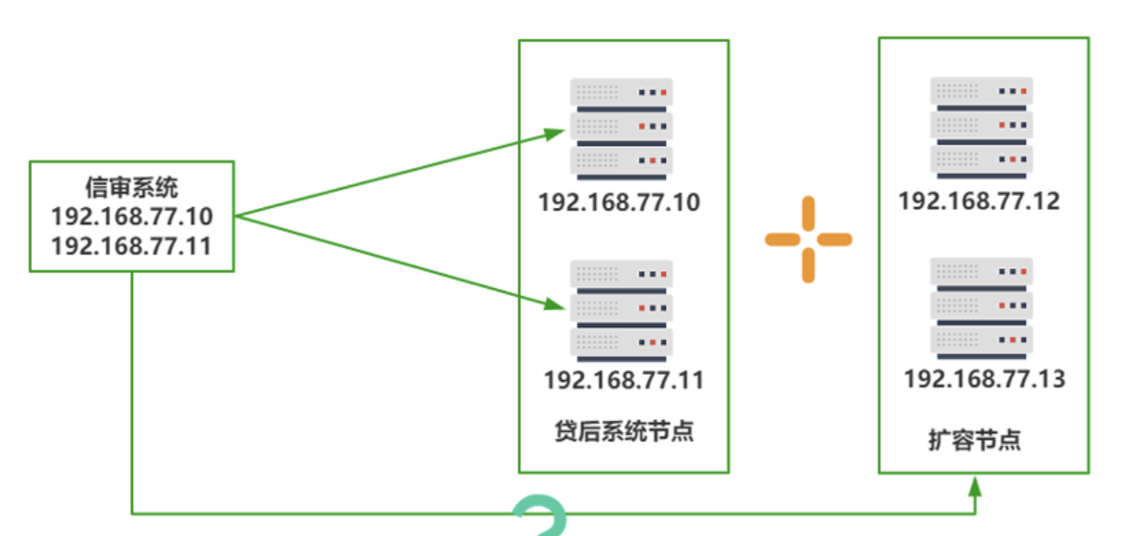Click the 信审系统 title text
click(x=131, y=189)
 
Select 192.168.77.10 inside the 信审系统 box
click(x=131, y=217)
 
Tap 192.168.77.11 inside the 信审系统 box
click(x=131, y=245)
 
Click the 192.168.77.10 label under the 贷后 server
click(x=619, y=201)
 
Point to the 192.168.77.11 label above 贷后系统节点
click(x=623, y=379)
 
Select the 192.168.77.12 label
click(x=979, y=201)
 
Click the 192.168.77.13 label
click(x=984, y=378)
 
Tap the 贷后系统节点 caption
click(x=623, y=430)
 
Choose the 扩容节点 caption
click(x=974, y=441)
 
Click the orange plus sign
click(x=808, y=240)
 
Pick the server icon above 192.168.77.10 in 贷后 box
click(x=621, y=127)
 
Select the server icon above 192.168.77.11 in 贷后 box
click(x=621, y=308)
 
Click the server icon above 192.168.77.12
click(x=981, y=127)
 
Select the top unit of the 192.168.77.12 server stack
click(x=981, y=92)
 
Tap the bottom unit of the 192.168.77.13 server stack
click(x=981, y=342)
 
